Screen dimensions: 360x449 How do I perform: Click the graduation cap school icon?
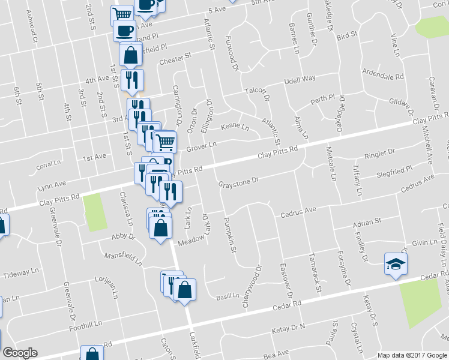[x=396, y=264]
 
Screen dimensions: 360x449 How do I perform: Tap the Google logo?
[x=20, y=353]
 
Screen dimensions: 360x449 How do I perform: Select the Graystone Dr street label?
[x=238, y=181]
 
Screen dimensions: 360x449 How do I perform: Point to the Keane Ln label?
[x=235, y=128]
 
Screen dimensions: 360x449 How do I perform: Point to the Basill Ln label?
[x=228, y=296]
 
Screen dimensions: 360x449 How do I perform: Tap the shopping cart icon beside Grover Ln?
[x=166, y=143]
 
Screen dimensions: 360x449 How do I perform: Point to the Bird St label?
[x=347, y=37]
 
